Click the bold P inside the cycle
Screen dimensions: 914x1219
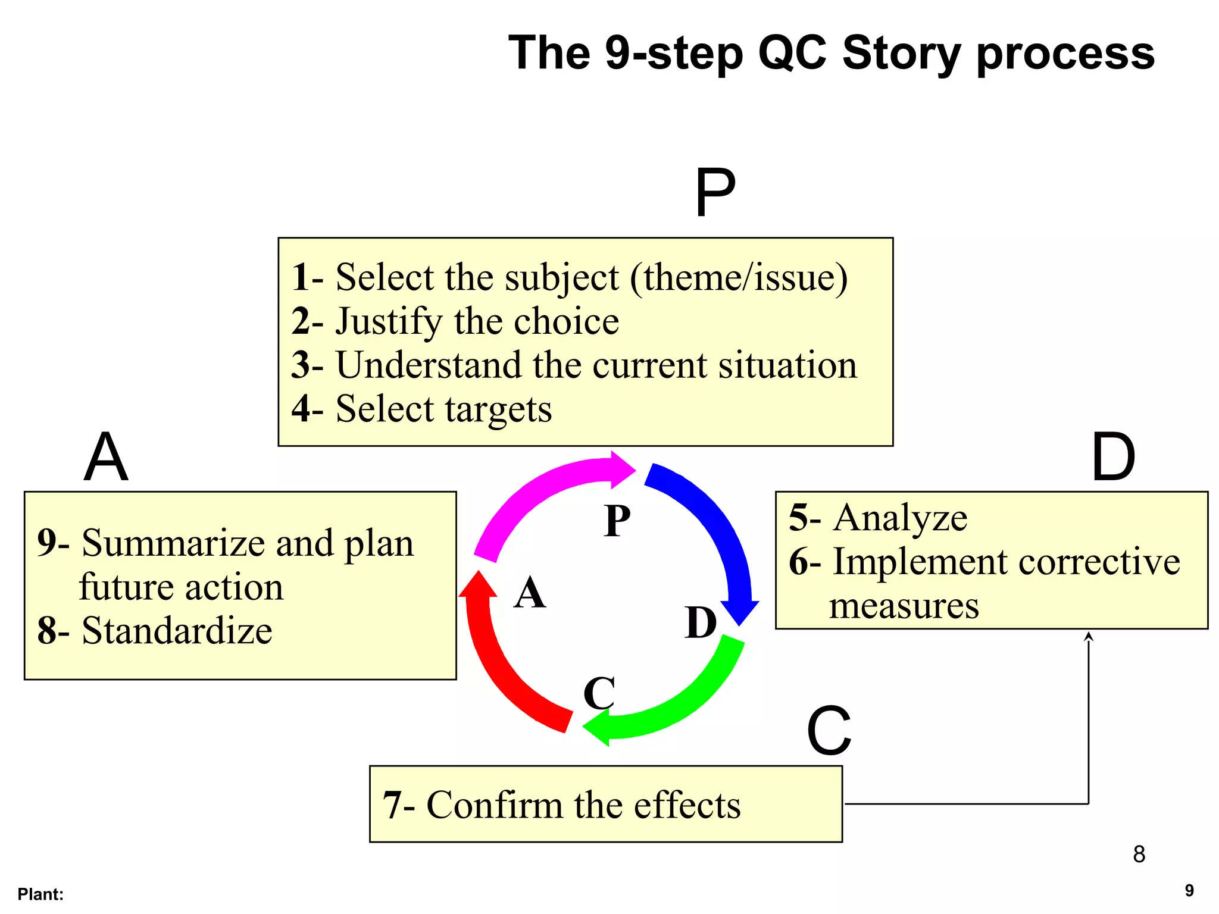(x=617, y=521)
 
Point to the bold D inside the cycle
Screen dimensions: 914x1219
(x=701, y=623)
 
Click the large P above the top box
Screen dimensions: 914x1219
(x=715, y=193)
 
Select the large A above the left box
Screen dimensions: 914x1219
(x=106, y=457)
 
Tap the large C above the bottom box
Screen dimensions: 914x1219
(x=829, y=731)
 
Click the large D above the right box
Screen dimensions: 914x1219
(x=1113, y=457)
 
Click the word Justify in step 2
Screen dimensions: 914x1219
(x=389, y=322)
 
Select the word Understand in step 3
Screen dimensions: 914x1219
(x=429, y=365)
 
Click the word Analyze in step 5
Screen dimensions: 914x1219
(x=900, y=518)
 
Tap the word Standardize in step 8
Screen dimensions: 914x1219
(x=177, y=631)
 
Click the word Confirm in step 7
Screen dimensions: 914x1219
(x=495, y=805)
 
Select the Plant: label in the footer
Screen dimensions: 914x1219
(x=40, y=894)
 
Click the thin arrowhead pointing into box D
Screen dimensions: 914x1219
(x=1089, y=636)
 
